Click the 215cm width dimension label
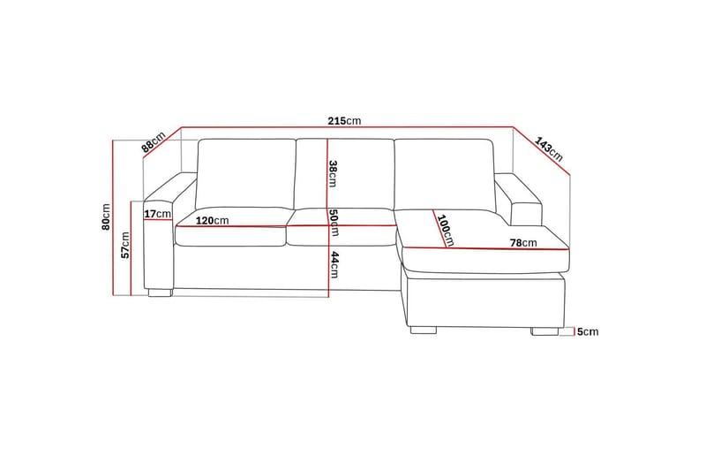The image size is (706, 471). click(x=346, y=121)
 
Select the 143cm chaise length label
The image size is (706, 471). click(x=549, y=148)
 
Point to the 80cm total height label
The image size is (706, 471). click(x=105, y=217)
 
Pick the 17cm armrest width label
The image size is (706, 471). click(x=157, y=214)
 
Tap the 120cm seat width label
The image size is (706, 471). click(x=212, y=220)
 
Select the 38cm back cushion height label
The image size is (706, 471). click(x=333, y=173)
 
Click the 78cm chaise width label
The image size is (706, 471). click(x=522, y=243)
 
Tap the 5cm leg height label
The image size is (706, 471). click(x=588, y=332)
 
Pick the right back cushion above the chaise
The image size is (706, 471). click(x=443, y=174)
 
